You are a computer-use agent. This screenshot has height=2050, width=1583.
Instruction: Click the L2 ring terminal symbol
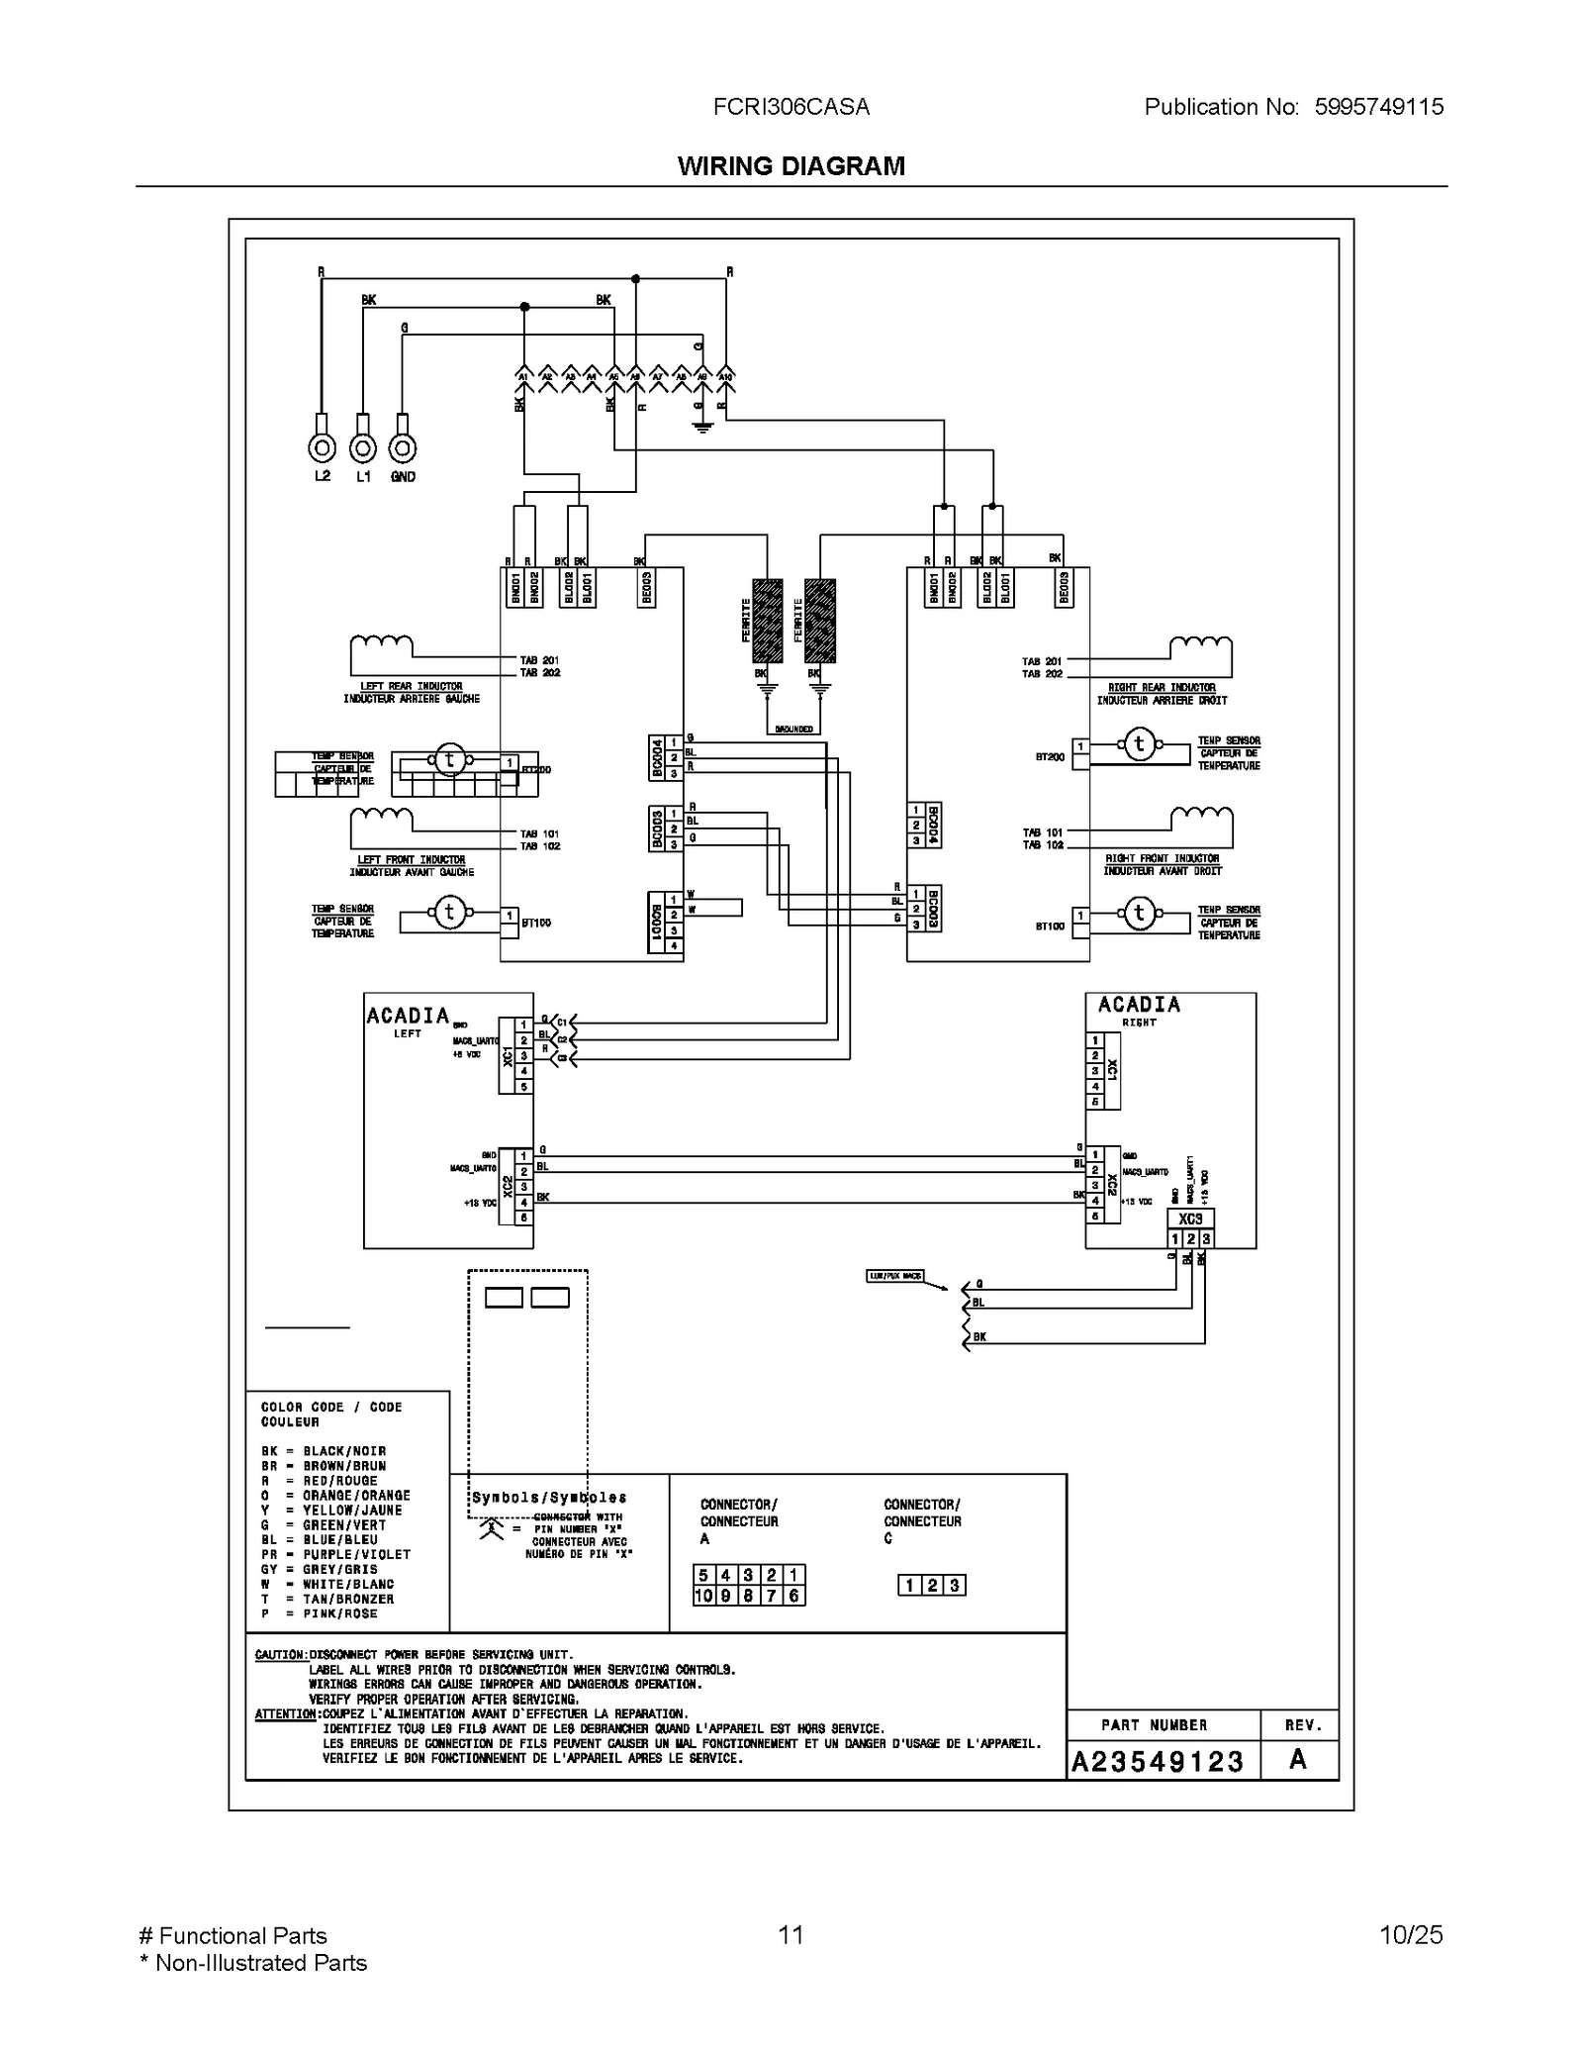pyautogui.click(x=322, y=448)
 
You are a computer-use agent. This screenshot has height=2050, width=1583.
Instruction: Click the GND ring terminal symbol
pyautogui.click(x=402, y=448)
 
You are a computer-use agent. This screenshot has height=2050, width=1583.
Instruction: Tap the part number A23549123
pyautogui.click(x=1157, y=1761)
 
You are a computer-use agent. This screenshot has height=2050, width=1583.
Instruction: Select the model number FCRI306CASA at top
pyautogui.click(x=791, y=107)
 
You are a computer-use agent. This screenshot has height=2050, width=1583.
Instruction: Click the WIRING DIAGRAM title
pyautogui.click(x=791, y=165)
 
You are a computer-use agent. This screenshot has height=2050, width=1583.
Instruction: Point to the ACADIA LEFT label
pyautogui.click(x=408, y=1020)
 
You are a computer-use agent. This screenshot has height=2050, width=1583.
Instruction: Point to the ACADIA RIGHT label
pyautogui.click(x=1139, y=1010)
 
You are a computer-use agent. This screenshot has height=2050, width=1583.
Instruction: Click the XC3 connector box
pyautogui.click(x=1190, y=1220)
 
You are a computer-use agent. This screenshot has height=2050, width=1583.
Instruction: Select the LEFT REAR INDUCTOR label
pyautogui.click(x=411, y=686)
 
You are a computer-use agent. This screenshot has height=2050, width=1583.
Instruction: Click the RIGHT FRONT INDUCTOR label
pyautogui.click(x=1162, y=858)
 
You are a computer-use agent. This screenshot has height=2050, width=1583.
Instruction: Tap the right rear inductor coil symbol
pyautogui.click(x=1201, y=647)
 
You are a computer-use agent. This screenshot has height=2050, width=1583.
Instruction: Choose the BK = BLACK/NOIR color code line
pyautogui.click(x=324, y=1451)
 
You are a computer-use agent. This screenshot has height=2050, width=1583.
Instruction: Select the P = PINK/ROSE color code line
pyautogui.click(x=319, y=1613)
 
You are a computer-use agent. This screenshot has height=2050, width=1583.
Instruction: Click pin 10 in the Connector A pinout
pyautogui.click(x=703, y=1596)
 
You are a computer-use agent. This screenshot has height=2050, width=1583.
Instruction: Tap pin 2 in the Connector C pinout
pyautogui.click(x=932, y=1586)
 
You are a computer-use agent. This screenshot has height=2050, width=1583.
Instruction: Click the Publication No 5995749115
pyautogui.click(x=1293, y=107)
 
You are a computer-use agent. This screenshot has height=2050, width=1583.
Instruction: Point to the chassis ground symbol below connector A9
pyautogui.click(x=702, y=428)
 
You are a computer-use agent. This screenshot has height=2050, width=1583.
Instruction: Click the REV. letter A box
pyautogui.click(x=1298, y=1759)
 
